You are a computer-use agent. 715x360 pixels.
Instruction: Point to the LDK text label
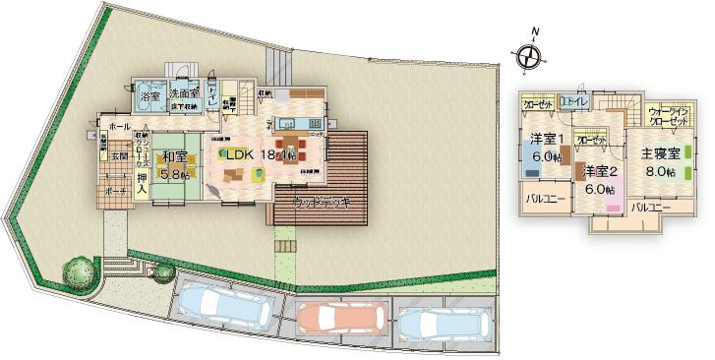coord(240,154)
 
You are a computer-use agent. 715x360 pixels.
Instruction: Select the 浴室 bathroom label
coord(149,94)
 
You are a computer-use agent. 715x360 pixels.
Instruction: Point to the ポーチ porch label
coord(117,192)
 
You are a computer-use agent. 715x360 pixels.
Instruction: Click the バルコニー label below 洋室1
coord(544,197)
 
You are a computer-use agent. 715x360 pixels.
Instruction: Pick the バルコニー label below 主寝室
coord(650,208)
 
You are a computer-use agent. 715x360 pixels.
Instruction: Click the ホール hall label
coord(120,128)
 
